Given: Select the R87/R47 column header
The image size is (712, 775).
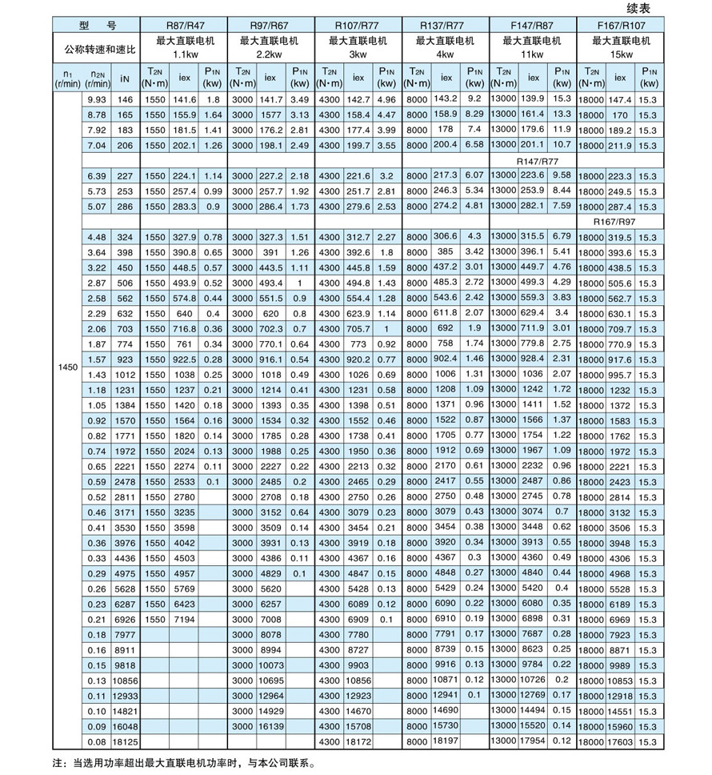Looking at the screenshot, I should [184, 26].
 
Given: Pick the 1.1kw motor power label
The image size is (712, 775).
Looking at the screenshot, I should [184, 54].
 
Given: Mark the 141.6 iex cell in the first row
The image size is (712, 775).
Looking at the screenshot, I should [185, 100].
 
